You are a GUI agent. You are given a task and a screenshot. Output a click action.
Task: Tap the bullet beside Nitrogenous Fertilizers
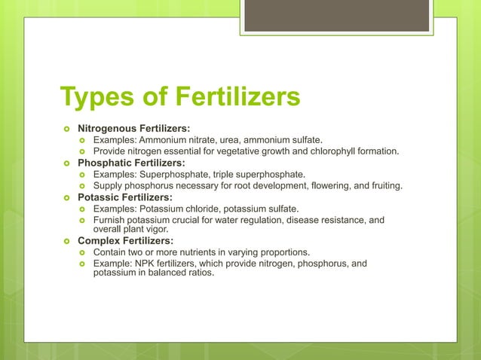pos(66,128)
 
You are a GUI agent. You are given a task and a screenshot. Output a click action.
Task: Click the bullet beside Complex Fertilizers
pos(66,240)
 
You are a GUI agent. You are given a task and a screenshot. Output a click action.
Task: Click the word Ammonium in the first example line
pos(159,139)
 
